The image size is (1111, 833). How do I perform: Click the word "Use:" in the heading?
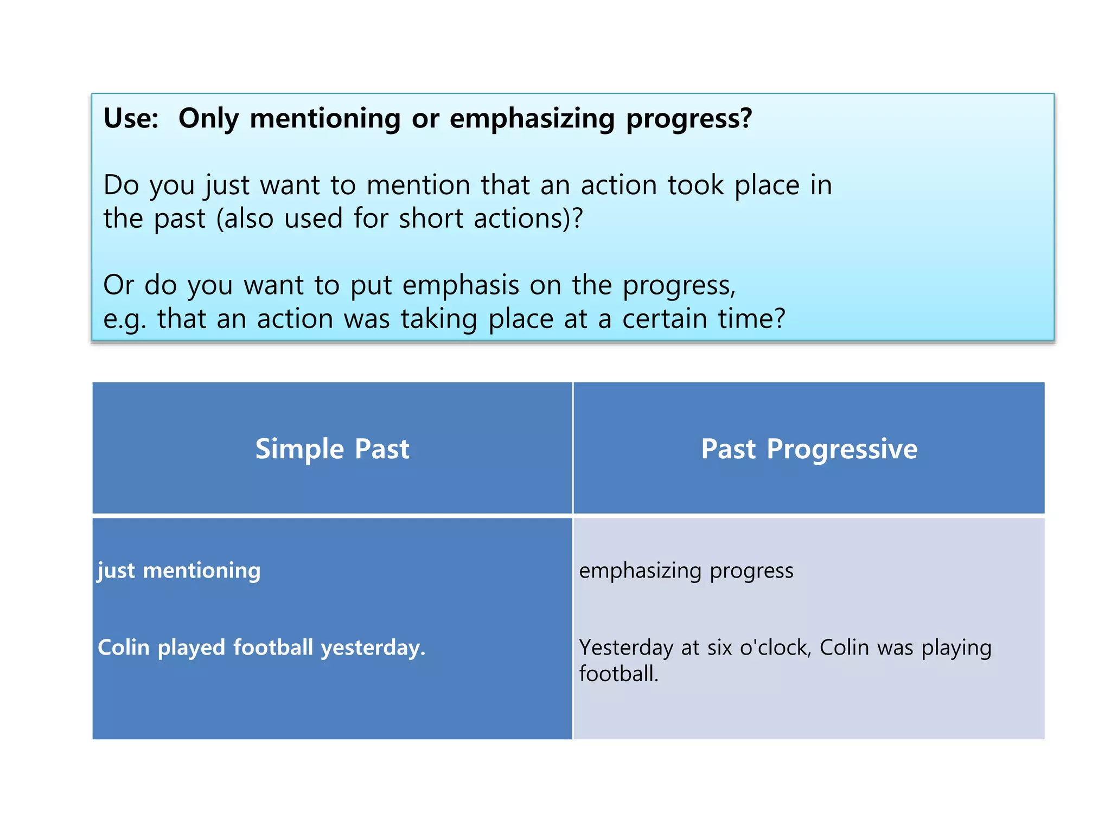coord(131,118)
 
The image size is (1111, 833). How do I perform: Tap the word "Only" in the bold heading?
coord(208,118)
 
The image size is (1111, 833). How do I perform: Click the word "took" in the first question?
coord(695,185)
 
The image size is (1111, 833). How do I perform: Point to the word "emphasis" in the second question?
coord(461,285)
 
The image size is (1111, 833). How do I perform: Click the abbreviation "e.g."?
coord(125,319)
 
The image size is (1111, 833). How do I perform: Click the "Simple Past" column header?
coord(332,449)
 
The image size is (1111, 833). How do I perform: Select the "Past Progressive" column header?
coord(809,449)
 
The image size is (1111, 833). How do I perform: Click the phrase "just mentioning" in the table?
coord(179,571)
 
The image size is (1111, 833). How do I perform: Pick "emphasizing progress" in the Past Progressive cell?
coord(686,571)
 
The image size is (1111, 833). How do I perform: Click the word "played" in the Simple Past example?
coord(191,648)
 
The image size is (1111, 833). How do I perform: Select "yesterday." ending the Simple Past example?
coord(373,648)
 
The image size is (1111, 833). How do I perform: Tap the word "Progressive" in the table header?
coord(842,449)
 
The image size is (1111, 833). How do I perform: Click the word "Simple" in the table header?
coord(299,449)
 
